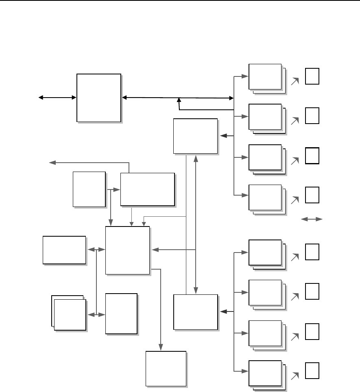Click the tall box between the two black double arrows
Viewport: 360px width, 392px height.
[99, 98]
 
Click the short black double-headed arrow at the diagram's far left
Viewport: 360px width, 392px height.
[57, 97]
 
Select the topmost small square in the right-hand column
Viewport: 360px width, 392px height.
[312, 76]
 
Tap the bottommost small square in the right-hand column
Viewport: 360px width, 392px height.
[312, 370]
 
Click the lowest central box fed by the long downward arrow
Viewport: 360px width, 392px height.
[166, 368]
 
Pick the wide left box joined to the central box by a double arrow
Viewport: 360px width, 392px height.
[64, 250]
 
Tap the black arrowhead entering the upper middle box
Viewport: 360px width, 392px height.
[222, 136]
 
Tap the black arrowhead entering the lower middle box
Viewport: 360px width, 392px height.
[222, 312]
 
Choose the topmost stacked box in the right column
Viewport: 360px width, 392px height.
[265, 76]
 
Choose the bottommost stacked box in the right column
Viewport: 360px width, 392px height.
[265, 373]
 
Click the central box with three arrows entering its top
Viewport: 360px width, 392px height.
[127, 250]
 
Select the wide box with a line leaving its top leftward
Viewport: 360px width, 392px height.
[147, 189]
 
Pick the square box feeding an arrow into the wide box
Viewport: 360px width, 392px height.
[89, 189]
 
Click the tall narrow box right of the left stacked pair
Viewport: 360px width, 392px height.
[121, 313]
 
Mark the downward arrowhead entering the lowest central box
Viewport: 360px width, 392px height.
[161, 348]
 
